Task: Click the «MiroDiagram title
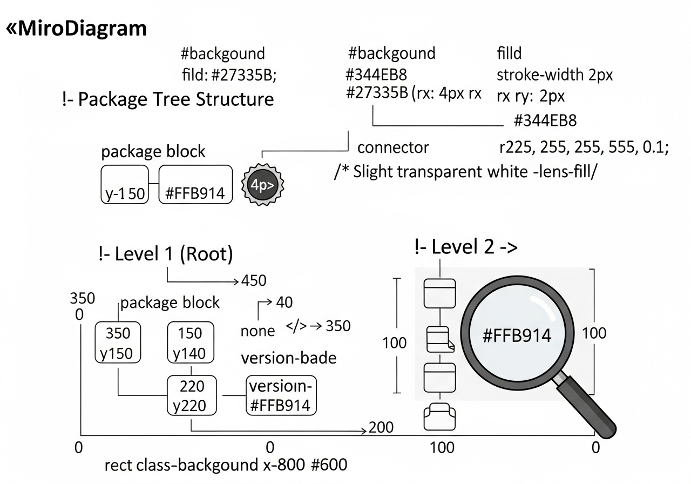pyautogui.click(x=76, y=29)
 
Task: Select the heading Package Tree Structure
pyautogui.click(x=168, y=99)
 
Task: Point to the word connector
pyautogui.click(x=393, y=147)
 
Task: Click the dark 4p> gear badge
pyautogui.click(x=262, y=185)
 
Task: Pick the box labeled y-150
pyautogui.click(x=125, y=185)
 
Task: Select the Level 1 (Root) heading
pyautogui.click(x=166, y=254)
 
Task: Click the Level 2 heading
pyautogui.click(x=466, y=247)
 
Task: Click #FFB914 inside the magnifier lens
pyautogui.click(x=517, y=335)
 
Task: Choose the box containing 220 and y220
pyautogui.click(x=192, y=395)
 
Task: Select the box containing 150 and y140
pyautogui.click(x=191, y=342)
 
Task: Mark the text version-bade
pyautogui.click(x=288, y=358)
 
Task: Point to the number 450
pyautogui.click(x=254, y=280)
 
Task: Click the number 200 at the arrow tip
pyautogui.click(x=381, y=427)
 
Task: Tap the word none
pyautogui.click(x=258, y=331)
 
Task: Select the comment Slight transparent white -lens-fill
pyautogui.click(x=466, y=172)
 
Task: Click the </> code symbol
pyautogui.click(x=296, y=326)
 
